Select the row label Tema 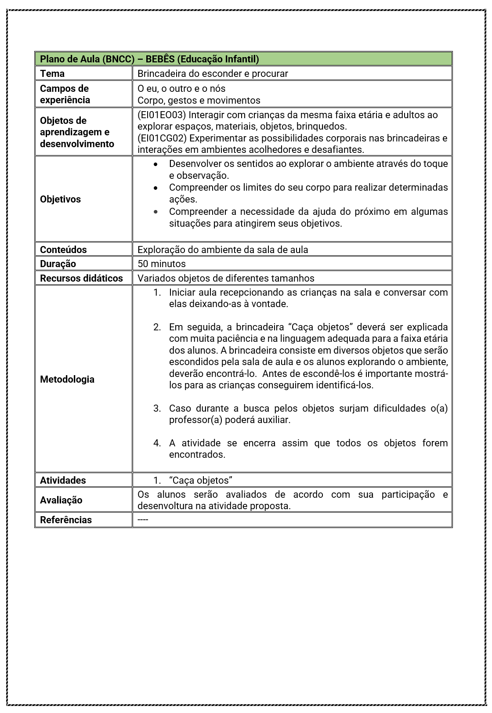[52, 73]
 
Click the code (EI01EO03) [162, 115]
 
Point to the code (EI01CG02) [162, 138]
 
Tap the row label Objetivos [60, 199]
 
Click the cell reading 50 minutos [162, 264]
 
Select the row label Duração [58, 264]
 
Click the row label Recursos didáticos [81, 278]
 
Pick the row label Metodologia [67, 379]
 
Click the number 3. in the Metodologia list [157, 408]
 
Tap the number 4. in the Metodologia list [157, 443]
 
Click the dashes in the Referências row [143, 520]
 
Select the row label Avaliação [61, 500]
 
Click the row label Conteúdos [63, 250]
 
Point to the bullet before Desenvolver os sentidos [156, 164]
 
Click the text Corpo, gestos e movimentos [199, 100]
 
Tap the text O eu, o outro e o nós [181, 88]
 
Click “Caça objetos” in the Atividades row [200, 480]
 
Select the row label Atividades [63, 480]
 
